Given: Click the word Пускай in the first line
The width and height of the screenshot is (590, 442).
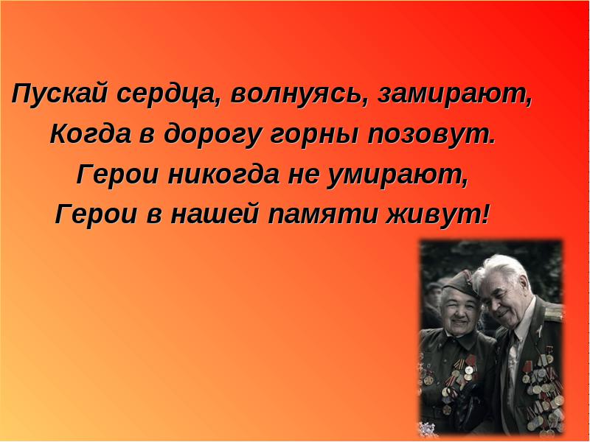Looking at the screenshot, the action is [59, 94].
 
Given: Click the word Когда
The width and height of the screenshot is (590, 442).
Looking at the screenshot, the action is [90, 134].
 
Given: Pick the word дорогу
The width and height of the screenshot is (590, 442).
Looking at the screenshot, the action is [212, 136].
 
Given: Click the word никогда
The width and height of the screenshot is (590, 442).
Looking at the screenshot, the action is [223, 175].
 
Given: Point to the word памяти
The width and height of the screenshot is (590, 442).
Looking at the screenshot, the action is [322, 215].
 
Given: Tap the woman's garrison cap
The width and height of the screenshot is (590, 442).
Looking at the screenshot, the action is [459, 284].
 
